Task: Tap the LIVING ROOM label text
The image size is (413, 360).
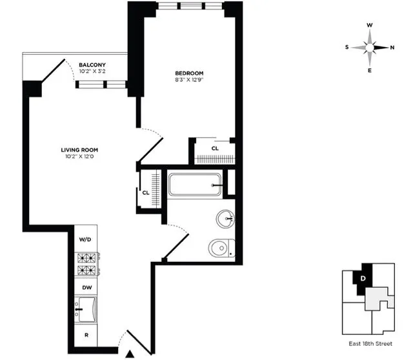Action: [x=80, y=150]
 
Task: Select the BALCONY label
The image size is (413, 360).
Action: [x=92, y=65]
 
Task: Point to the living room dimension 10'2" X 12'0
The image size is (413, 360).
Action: [x=80, y=157]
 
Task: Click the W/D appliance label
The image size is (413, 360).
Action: [x=85, y=239]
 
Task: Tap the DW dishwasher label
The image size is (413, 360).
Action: [x=85, y=288]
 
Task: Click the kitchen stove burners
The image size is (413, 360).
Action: [x=86, y=263]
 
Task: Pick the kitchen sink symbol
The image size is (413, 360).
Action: [x=86, y=309]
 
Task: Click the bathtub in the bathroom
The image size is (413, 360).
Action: [x=195, y=185]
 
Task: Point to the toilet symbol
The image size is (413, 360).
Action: [x=222, y=247]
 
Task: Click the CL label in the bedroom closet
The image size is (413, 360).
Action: [x=215, y=148]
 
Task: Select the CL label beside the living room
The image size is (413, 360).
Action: [x=146, y=192]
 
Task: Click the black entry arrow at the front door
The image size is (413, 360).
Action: [x=131, y=353]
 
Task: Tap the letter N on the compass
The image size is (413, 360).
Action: [x=392, y=47]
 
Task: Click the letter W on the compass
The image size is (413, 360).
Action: [x=370, y=26]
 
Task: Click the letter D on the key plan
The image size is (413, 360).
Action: [x=363, y=278]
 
